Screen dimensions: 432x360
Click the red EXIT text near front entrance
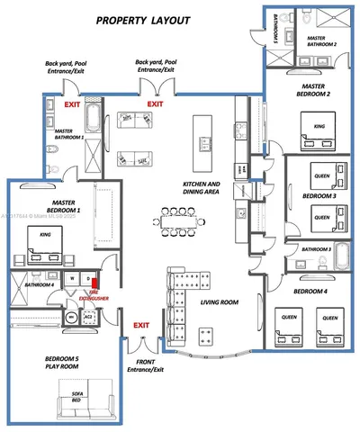click(141, 325)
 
